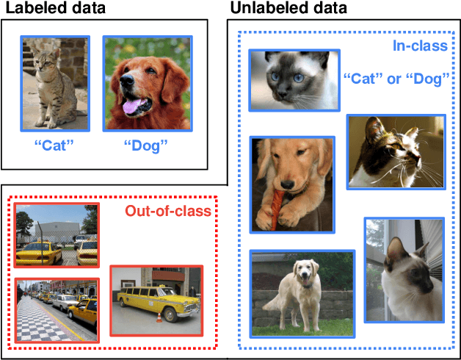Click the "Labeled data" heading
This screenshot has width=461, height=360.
tap(55, 9)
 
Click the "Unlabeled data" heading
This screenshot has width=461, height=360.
tap(288, 9)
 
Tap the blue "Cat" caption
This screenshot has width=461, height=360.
tap(55, 144)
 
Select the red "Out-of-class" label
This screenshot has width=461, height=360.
tap(167, 213)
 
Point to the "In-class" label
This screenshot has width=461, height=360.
tap(420, 47)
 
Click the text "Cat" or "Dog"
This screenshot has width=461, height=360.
tap(396, 78)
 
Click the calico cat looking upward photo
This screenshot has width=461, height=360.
tap(396, 153)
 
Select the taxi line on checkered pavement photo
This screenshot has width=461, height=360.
tap(56, 309)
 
